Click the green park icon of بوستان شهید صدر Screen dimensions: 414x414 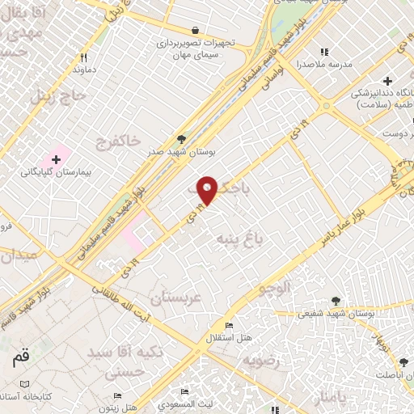(181, 140)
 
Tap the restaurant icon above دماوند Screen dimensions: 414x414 (83, 57)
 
